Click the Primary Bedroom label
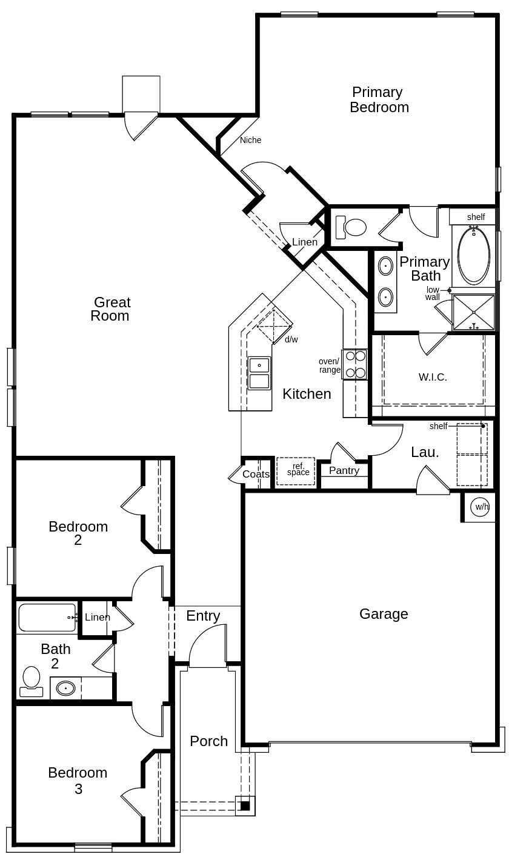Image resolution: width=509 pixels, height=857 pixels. pos(379,100)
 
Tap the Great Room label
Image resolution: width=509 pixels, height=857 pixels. pos(111,309)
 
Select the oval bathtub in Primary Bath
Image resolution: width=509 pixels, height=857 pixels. pos(473,255)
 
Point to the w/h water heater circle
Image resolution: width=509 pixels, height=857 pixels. pos(481,507)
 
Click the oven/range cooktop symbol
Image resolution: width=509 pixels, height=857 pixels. pos(354,364)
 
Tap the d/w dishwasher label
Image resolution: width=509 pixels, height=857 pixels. pos(291,339)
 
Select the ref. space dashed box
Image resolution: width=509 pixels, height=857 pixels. pos(296,471)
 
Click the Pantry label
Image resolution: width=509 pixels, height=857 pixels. pos(344,470)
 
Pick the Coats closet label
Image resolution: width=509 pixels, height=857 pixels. pos(256,474)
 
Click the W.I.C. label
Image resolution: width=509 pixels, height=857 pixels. pos(433,377)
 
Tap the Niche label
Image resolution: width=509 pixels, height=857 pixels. pos(250,140)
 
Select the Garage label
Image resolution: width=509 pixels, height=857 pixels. pos(384,614)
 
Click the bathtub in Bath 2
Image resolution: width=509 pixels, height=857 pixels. pos(47,618)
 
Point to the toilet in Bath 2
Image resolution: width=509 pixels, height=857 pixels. pos(31,682)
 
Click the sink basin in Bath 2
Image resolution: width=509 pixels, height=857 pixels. pos(65,689)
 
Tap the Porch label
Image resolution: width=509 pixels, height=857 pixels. pos(208,741)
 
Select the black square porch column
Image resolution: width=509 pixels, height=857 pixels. pos(245,806)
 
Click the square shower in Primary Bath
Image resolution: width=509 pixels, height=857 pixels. pos(473,312)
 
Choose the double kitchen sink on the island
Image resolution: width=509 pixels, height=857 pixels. pos(259,373)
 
